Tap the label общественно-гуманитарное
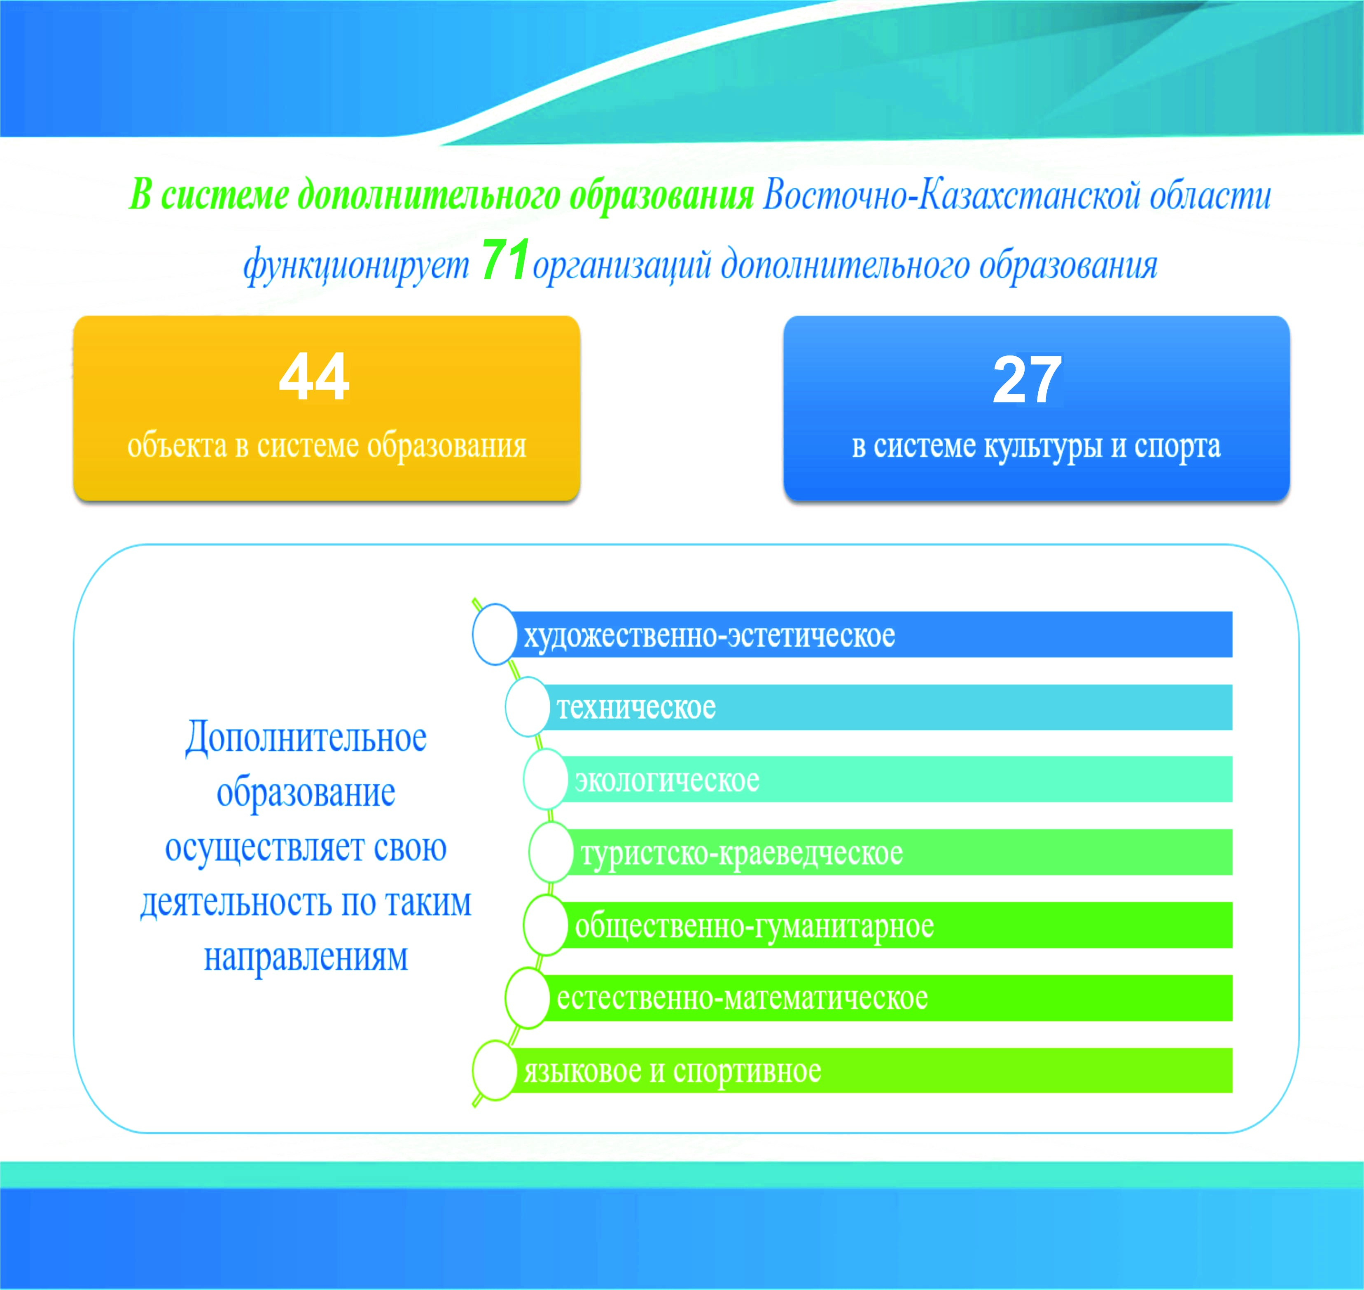tap(754, 925)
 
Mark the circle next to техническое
tap(527, 707)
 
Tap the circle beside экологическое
tap(545, 779)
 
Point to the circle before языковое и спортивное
tap(494, 1070)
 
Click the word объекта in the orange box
tap(178, 446)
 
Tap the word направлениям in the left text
tap(306, 956)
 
